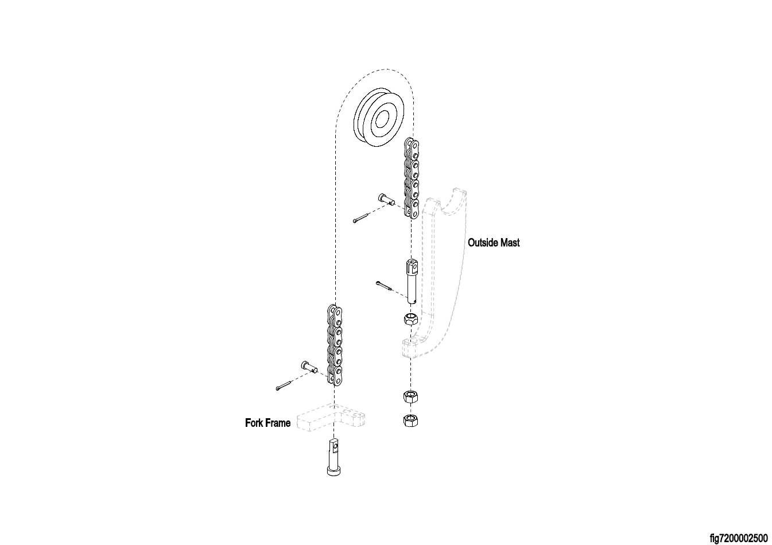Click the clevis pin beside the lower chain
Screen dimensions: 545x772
(308, 366)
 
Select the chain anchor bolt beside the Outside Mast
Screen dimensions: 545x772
(411, 281)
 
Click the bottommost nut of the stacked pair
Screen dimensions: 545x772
(410, 421)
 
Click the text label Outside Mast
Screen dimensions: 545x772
(494, 243)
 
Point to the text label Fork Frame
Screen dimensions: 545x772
(267, 423)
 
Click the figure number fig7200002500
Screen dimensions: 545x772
(738, 538)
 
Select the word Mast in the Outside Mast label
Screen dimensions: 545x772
(510, 243)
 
